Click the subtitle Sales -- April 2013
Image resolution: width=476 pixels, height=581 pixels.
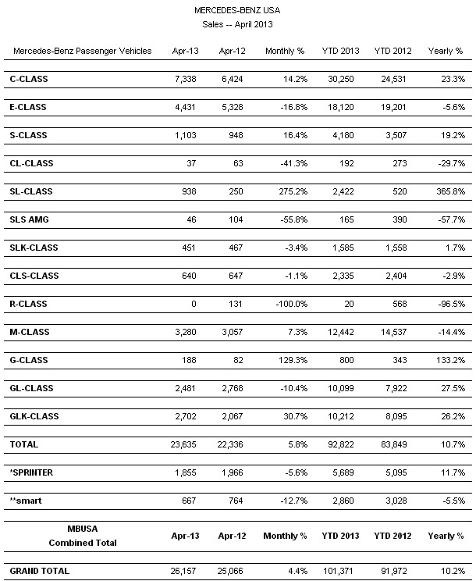[x=238, y=24]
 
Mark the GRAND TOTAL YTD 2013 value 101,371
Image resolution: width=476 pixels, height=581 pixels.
[x=340, y=570]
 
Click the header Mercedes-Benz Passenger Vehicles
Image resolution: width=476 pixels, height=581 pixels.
[x=82, y=52]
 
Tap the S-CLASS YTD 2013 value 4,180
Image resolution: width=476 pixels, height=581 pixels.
[x=343, y=136]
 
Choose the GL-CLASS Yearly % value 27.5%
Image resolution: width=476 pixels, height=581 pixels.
[x=453, y=389]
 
